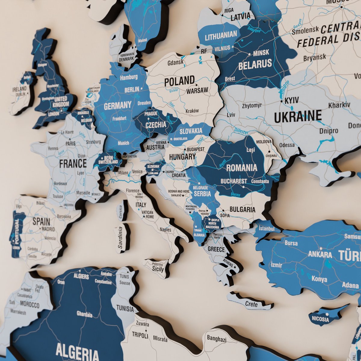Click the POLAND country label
pyautogui.click(x=179, y=81)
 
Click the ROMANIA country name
pyautogui.click(x=242, y=168)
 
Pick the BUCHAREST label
pyautogui.click(x=234, y=181)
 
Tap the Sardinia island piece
pyautogui.click(x=121, y=238)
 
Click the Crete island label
pyautogui.click(x=251, y=304)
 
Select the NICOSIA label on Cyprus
pyautogui.click(x=320, y=319)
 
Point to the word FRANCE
pyautogui.click(x=73, y=164)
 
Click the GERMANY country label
pyautogui.click(x=118, y=106)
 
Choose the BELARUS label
pyautogui.click(x=255, y=64)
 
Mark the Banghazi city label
pyautogui.click(x=216, y=338)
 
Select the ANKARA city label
pyautogui.click(x=320, y=255)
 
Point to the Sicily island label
pyautogui.click(x=158, y=269)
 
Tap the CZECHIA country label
pyautogui.click(x=155, y=125)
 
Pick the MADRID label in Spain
pyautogui.click(x=48, y=229)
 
